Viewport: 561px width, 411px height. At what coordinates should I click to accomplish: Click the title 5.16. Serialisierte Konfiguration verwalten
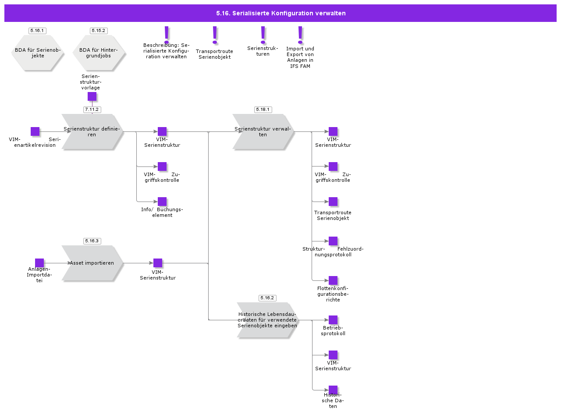pos(280,13)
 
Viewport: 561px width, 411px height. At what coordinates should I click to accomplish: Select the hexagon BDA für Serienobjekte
pos(38,53)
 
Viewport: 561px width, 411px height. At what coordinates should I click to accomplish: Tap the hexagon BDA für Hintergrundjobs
pos(99,53)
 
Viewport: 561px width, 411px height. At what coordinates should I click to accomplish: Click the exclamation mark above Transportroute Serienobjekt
pos(214,35)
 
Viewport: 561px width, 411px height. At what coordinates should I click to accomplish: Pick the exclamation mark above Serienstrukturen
pos(263,35)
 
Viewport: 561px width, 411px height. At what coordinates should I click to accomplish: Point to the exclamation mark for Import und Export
pos(300,35)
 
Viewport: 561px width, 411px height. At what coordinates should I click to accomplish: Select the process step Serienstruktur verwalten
pos(262,131)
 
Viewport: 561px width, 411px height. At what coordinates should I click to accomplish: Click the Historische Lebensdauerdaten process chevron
pos(267,320)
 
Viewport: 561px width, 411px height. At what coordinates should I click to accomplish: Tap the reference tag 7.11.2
pos(92,109)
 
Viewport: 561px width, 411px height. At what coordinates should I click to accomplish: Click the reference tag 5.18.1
pos(263,109)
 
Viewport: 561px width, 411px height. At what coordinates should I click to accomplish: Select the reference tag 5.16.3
pos(92,241)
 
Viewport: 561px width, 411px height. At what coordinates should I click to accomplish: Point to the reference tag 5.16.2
pos(267,298)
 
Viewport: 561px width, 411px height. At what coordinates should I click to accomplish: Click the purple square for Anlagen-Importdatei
pos(39,263)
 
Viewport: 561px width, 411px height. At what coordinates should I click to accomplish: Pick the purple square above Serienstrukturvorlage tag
pos(92,96)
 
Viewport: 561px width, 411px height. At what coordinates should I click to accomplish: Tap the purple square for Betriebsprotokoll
pos(333,320)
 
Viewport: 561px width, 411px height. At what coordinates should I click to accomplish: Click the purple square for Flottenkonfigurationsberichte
pos(333,280)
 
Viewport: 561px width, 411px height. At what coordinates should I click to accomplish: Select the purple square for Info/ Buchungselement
pos(162,202)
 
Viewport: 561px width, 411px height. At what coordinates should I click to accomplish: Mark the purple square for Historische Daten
pos(333,390)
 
